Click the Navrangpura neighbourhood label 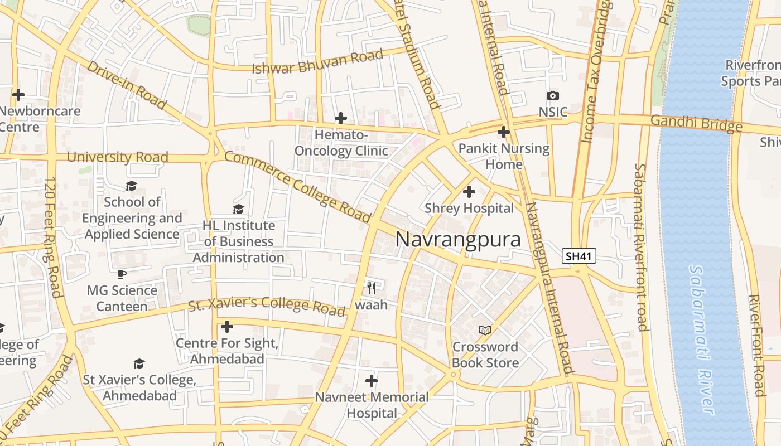tap(458, 240)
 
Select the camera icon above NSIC tap(553, 95)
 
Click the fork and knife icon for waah tap(372, 288)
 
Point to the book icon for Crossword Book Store tap(485, 330)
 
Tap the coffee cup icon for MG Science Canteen tap(122, 274)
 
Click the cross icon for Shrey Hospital tap(469, 192)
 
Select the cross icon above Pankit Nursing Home tap(504, 132)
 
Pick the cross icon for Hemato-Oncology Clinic tap(340, 118)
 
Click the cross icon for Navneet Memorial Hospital tap(372, 381)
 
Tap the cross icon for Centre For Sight tap(226, 326)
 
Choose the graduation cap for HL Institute tap(238, 209)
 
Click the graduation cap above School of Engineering tap(132, 186)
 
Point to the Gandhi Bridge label tap(696, 123)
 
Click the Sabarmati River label tap(702, 340)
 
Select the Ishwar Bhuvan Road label tap(317, 61)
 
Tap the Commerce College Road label tap(297, 186)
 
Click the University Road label tap(117, 157)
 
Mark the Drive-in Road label tap(127, 84)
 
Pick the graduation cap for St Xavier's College tap(139, 363)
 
